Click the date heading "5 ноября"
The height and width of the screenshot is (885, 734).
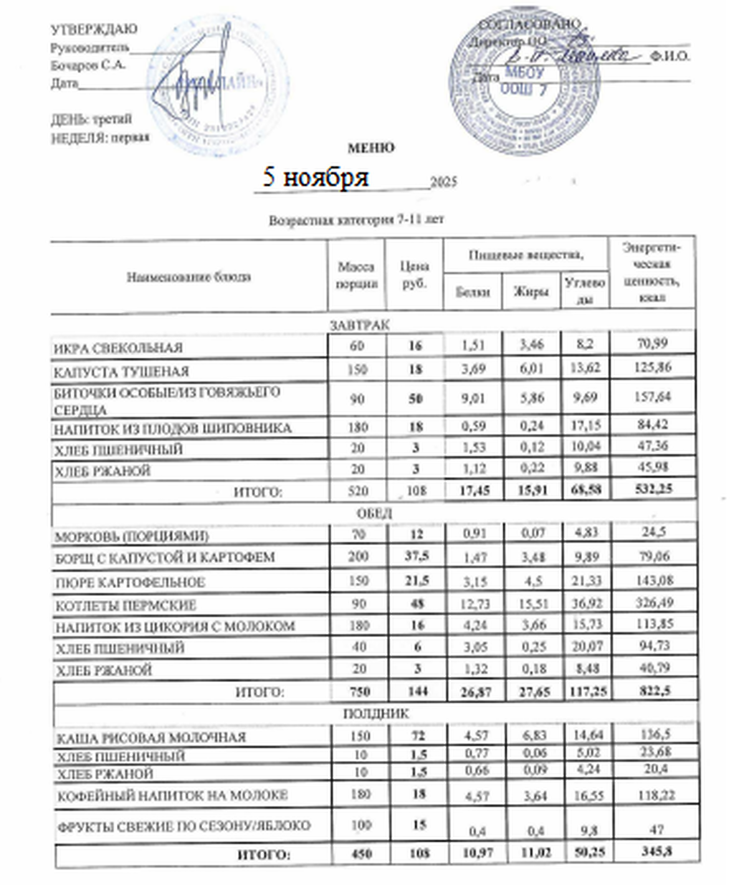315,177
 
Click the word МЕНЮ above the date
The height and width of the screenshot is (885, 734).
371,148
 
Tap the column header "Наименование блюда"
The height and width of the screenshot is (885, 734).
189,277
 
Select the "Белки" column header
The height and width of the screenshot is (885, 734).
472,291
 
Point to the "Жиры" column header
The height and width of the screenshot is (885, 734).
530,291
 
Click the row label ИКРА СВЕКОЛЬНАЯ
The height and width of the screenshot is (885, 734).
118,348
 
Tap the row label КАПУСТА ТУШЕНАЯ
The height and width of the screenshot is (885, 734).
121,371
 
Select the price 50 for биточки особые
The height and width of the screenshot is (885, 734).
415,399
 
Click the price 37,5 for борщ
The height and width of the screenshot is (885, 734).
415,557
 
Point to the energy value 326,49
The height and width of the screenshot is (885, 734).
652,603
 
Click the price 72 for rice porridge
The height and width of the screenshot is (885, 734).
415,736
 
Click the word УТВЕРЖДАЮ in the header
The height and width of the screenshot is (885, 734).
94,29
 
